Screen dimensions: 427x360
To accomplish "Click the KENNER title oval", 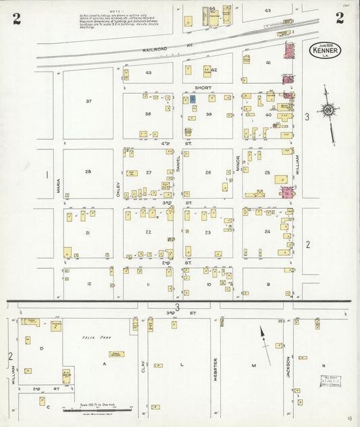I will (x=325, y=51).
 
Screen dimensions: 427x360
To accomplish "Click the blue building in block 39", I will (x=192, y=99).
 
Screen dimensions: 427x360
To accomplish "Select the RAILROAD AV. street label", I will (x=159, y=49).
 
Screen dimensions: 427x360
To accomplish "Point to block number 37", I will (x=88, y=101).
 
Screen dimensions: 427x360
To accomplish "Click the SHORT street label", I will (x=203, y=88).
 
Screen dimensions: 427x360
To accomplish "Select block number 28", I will (x=88, y=172).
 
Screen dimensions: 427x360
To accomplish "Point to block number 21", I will (x=88, y=232).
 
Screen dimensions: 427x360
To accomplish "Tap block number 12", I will (x=88, y=284).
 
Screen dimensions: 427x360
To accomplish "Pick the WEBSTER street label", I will (x=215, y=369).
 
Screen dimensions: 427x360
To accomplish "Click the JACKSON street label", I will (x=288, y=367).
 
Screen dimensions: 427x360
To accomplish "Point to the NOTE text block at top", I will (x=122, y=20).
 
